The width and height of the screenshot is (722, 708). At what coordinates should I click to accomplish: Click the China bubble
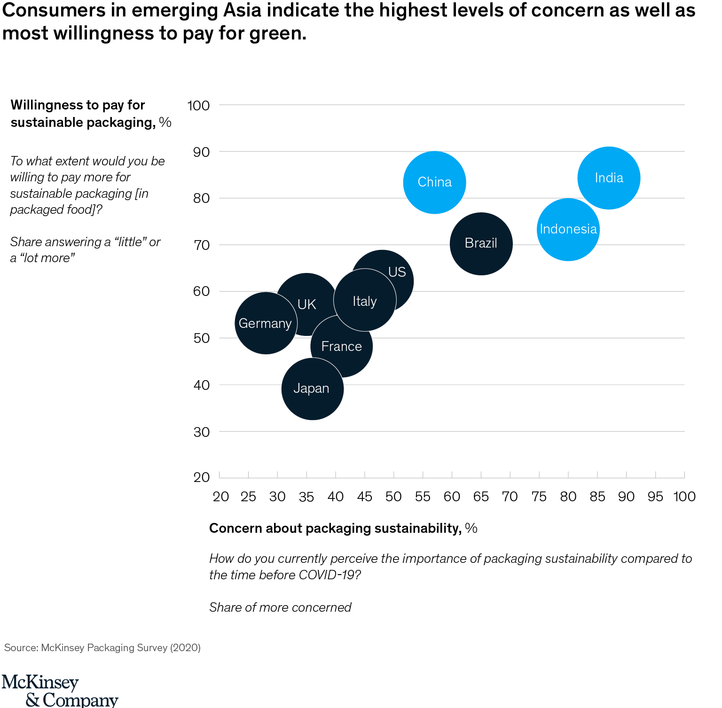[x=434, y=182]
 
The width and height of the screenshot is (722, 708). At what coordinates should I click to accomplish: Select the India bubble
[x=609, y=178]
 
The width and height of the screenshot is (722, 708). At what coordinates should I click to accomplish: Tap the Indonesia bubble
[x=568, y=229]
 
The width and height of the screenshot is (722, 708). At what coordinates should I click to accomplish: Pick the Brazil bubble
[x=481, y=243]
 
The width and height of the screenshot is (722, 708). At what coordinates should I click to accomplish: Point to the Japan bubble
[x=312, y=389]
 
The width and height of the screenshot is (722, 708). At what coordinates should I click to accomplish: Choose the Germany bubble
[x=266, y=323]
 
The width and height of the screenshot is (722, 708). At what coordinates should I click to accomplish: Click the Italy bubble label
[x=365, y=301]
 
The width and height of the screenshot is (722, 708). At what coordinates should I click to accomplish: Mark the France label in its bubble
[x=342, y=347]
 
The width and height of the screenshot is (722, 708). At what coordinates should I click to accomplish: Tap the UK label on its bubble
[x=307, y=304]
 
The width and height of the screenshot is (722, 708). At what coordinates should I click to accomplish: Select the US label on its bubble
[x=397, y=272]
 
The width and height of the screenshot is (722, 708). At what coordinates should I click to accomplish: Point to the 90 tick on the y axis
[x=201, y=152]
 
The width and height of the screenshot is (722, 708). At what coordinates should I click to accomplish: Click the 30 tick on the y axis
[x=201, y=432]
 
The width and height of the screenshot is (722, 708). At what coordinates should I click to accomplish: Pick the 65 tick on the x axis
[x=481, y=497]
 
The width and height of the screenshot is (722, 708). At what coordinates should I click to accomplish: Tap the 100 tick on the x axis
[x=684, y=497]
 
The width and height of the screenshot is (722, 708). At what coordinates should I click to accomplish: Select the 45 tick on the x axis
[x=365, y=497]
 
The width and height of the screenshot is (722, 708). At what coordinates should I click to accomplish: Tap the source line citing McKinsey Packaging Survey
[x=102, y=648]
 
